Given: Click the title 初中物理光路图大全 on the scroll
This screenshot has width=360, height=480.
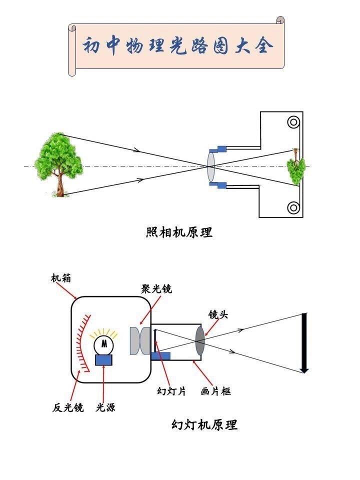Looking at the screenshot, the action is [x=177, y=46].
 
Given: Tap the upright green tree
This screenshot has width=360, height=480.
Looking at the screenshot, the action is [x=58, y=164].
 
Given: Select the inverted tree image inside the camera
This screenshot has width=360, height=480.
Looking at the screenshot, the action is [x=295, y=166].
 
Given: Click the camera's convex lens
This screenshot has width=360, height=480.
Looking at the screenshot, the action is [x=211, y=166].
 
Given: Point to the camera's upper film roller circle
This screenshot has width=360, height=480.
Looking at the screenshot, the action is [x=293, y=122].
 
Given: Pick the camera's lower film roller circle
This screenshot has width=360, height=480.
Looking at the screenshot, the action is [x=293, y=208].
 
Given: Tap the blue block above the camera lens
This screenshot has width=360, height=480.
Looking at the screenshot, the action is [x=218, y=149].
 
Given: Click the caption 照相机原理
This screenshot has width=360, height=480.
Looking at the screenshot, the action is [x=179, y=232].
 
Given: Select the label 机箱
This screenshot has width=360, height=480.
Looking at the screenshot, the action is [x=61, y=278].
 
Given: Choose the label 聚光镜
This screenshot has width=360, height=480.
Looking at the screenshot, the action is [x=156, y=288].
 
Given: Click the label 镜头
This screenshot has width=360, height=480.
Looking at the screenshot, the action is [x=218, y=314].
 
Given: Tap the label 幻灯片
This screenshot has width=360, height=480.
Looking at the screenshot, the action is [x=171, y=391].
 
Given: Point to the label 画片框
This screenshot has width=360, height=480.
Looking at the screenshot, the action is [x=216, y=391].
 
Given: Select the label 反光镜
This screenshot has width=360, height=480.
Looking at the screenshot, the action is [x=67, y=407].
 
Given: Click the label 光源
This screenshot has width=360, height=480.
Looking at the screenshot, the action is [x=105, y=407].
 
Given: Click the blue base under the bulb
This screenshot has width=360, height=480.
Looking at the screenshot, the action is [x=104, y=360].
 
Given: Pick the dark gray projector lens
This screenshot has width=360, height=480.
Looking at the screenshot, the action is [x=200, y=340].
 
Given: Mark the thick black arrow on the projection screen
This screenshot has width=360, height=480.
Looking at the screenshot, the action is [x=304, y=343].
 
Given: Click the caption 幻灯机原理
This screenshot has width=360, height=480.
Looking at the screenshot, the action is [x=204, y=425].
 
